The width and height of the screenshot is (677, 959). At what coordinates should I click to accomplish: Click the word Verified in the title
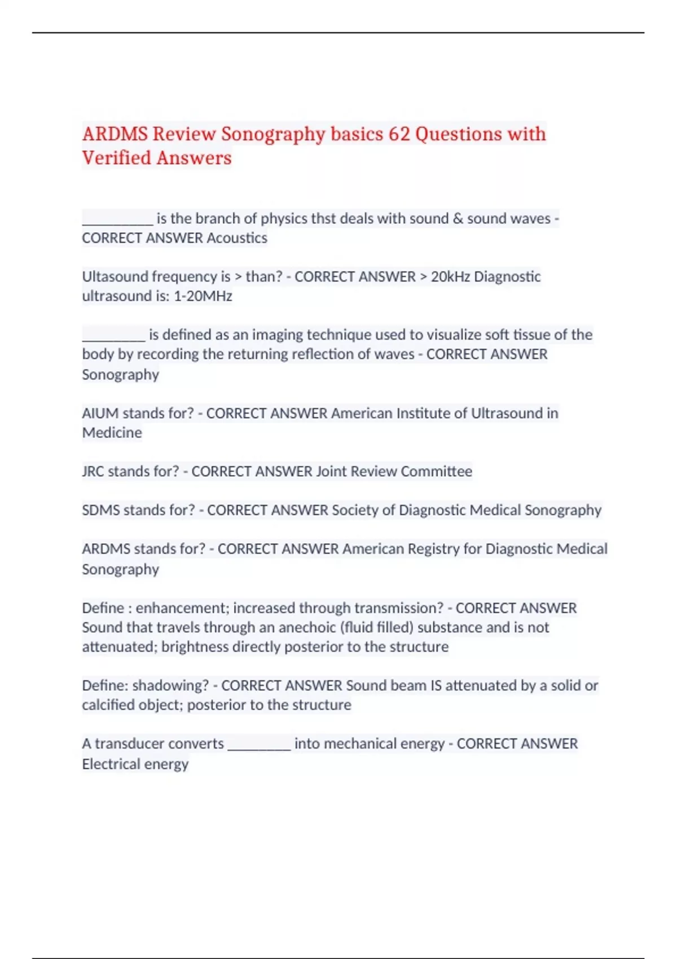point(117,158)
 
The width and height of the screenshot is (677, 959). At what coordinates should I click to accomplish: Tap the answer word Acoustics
point(237,238)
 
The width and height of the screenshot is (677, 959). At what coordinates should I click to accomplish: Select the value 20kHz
point(450,276)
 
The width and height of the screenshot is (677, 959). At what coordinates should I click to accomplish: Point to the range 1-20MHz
point(203,296)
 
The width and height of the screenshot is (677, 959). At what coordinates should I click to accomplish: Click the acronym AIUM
point(100,413)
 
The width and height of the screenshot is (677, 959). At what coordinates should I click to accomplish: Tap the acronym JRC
point(93,472)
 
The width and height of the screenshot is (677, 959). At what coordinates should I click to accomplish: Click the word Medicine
point(112,433)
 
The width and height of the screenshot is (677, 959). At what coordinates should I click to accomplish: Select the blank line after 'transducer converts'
point(259,745)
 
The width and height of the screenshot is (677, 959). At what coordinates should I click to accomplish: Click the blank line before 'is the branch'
point(117,220)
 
